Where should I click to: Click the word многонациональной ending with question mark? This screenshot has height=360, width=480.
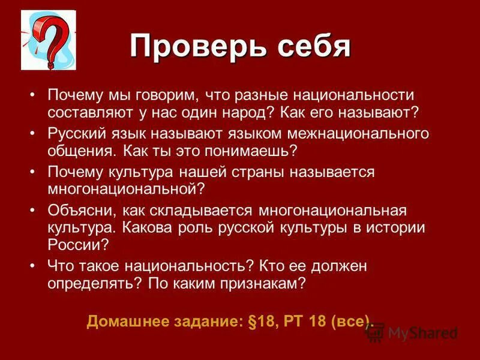[x=126, y=189]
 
